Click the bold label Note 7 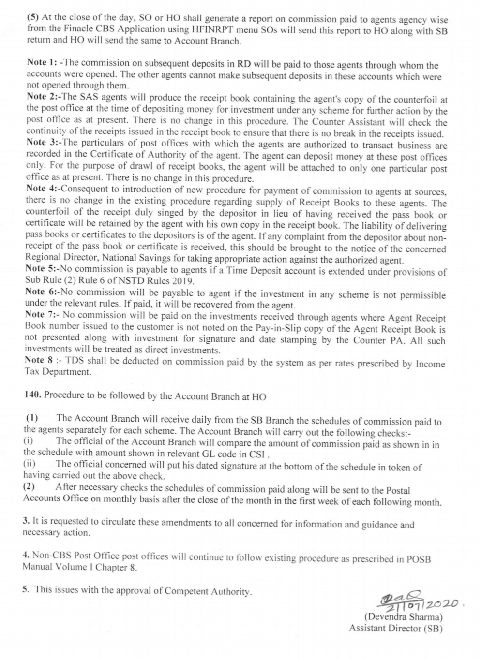[42, 315]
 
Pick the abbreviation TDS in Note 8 [75, 361]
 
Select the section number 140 [32, 395]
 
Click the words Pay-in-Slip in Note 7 [276, 329]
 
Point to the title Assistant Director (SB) [395, 628]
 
